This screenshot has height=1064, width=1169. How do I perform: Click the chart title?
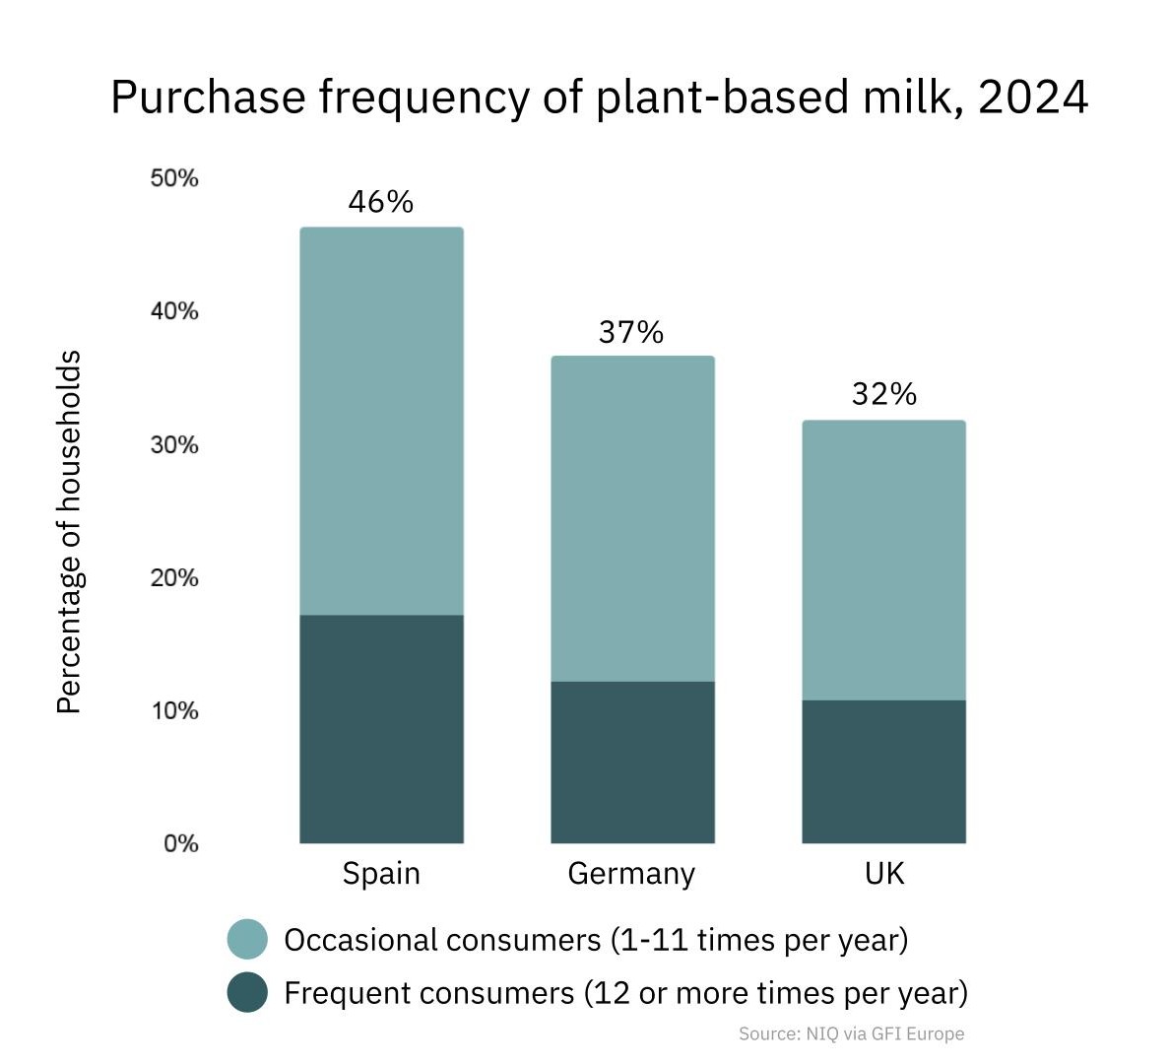point(599,98)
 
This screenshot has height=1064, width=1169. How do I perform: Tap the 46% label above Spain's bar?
point(381,202)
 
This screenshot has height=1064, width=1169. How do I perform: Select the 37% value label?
point(631,333)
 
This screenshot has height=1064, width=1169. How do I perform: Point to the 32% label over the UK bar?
point(883,395)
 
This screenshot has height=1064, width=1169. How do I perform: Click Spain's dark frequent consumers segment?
point(381,729)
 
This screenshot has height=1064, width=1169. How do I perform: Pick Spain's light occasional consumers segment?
point(381,422)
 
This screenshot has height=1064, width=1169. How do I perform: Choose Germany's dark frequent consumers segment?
point(632,762)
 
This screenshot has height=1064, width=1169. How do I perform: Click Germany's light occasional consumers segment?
point(632,518)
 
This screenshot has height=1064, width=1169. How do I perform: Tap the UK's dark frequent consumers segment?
point(883,771)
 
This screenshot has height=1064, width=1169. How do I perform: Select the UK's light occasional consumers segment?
point(883,560)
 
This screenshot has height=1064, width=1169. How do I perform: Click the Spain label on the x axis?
point(381,874)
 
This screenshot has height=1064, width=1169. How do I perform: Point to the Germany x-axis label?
point(631,874)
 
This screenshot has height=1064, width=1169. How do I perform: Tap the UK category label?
point(883,874)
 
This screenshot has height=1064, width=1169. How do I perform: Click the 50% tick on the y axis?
point(174,178)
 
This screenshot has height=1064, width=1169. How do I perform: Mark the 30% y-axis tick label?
point(174,445)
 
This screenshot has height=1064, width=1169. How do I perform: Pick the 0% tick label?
point(180,843)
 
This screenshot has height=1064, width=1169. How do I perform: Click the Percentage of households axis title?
point(68,532)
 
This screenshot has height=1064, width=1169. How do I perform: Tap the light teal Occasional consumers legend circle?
point(247,940)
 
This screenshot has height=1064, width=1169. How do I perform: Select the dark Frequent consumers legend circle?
point(247,992)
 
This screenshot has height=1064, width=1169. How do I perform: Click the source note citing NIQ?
point(851,1033)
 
